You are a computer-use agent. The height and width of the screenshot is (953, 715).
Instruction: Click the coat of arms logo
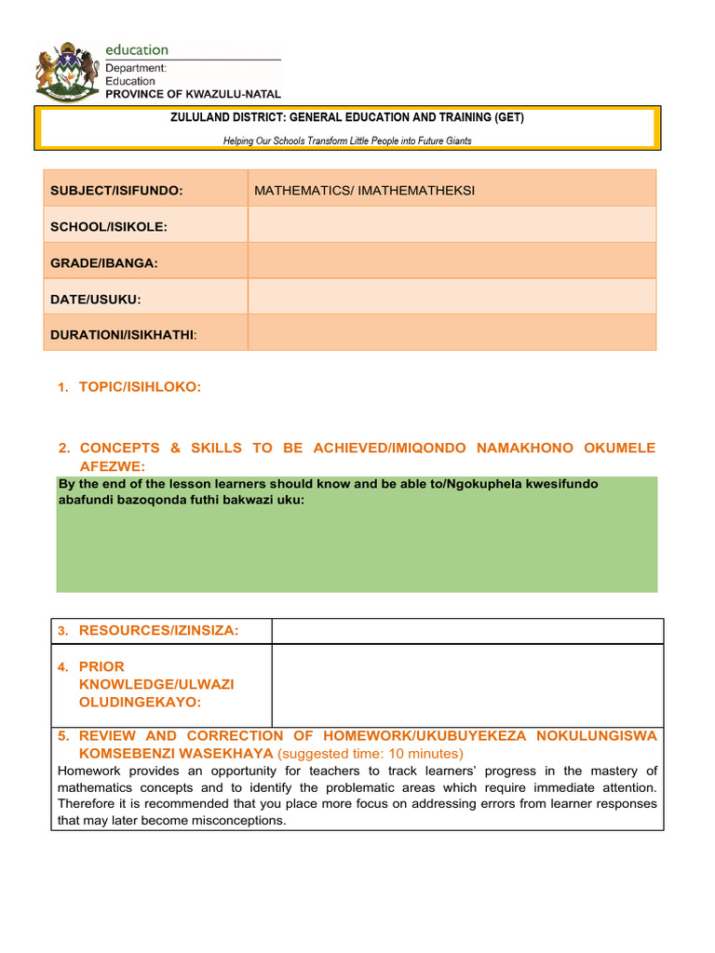66,71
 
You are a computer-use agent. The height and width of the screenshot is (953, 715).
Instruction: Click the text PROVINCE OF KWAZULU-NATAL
193,94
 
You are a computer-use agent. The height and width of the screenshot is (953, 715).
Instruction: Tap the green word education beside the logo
137,50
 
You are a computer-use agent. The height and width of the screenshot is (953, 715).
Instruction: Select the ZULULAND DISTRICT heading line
347,118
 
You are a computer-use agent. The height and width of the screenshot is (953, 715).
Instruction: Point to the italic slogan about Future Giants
347,141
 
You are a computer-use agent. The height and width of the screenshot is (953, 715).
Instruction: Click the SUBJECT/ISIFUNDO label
116,190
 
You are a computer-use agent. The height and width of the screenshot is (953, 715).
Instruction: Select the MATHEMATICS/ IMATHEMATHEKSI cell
365,190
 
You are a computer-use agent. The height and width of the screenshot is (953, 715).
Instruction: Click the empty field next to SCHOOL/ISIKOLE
452,226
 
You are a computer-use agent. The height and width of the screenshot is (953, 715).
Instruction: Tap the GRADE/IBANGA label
104,263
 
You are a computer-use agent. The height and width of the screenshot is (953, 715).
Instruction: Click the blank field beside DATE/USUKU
452,299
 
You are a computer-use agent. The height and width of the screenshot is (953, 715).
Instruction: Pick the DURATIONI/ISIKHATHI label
124,334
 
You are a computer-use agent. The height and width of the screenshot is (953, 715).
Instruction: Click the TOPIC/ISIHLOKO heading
140,386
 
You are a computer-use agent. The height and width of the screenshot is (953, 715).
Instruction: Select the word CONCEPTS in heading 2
119,448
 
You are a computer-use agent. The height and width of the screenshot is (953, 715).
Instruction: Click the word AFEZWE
118,466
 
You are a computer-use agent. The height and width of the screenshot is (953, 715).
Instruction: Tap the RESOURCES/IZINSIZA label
158,631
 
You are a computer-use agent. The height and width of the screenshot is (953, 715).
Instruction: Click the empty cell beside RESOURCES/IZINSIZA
467,631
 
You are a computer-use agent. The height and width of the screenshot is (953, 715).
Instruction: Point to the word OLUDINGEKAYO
140,702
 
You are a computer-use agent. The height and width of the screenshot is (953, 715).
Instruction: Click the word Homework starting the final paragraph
90,771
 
